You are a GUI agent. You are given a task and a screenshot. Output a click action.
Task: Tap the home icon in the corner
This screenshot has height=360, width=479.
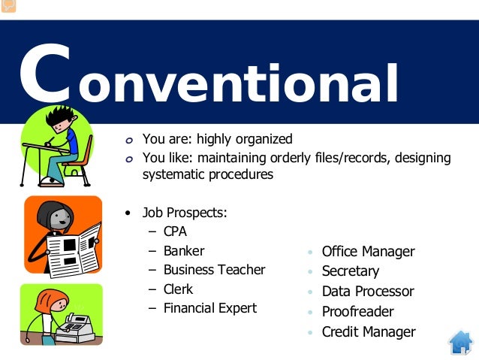(460, 342)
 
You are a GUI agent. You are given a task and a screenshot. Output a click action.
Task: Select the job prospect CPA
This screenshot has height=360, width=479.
(175, 231)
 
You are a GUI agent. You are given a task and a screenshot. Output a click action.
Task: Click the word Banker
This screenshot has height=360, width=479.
(184, 251)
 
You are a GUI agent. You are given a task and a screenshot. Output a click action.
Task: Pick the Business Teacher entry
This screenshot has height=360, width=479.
(214, 270)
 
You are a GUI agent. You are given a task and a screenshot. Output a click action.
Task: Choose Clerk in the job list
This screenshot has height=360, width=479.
(178, 289)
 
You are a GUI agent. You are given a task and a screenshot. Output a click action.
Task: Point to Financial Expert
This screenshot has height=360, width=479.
(209, 308)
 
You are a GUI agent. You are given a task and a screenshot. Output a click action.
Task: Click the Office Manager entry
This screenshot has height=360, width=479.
(368, 252)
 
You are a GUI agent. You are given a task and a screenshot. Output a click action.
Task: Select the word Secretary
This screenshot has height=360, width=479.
(350, 271)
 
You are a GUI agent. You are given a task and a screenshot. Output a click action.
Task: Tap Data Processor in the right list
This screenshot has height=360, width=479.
(367, 292)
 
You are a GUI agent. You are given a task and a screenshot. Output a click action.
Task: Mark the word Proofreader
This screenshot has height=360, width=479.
(357, 312)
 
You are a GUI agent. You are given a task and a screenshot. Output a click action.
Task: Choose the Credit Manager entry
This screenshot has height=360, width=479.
(368, 331)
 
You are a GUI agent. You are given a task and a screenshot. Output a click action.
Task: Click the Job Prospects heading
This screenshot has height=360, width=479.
(185, 213)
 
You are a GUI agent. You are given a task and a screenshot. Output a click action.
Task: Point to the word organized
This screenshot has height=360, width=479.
(262, 139)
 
